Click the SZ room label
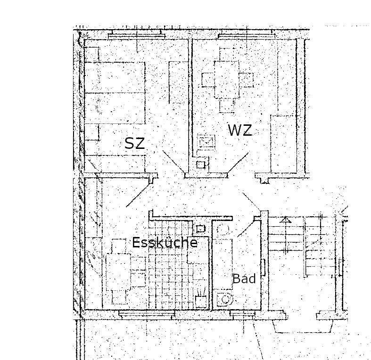(134, 143)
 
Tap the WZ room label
(240, 130)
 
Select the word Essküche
(165, 243)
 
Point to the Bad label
(244, 278)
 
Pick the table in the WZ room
(226, 79)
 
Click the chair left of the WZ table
(208, 79)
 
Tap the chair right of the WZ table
(245, 79)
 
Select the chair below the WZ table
(227, 105)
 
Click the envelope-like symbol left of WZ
(206, 141)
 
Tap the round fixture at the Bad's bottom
(226, 299)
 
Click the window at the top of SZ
(135, 35)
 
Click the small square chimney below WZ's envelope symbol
(201, 164)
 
